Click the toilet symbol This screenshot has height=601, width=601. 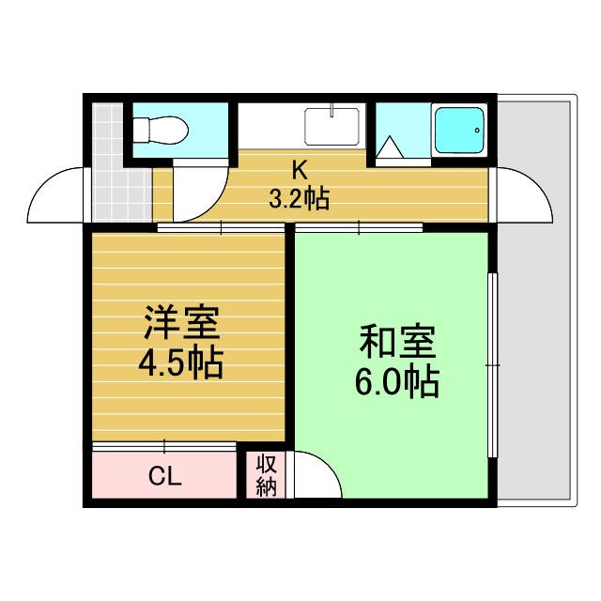162,128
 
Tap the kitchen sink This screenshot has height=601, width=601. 331,126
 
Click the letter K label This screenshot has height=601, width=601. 299,171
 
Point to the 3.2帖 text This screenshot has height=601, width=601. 299,198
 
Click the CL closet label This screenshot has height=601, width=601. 164,477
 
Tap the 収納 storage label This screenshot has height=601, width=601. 267,476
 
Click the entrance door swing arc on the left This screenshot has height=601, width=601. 58,195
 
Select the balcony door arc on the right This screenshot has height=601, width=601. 521,195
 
